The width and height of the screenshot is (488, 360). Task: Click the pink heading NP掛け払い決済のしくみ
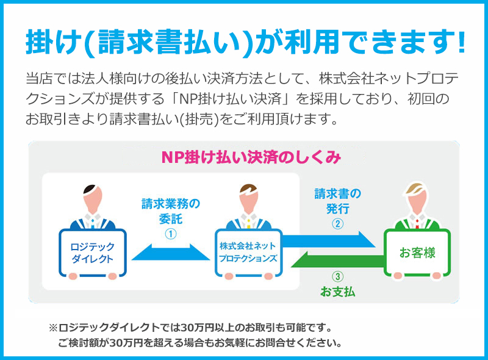[x=251, y=157]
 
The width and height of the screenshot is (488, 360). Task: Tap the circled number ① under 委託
[x=171, y=234]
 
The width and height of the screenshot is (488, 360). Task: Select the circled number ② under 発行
[x=338, y=223]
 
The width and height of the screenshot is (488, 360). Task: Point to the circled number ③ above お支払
[x=338, y=276]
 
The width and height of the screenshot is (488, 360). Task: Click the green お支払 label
[x=338, y=292]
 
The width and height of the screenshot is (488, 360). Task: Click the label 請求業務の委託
[x=171, y=211]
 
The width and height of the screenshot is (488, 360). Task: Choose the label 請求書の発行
[x=338, y=201]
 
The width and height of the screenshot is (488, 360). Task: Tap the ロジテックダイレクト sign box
[x=93, y=253]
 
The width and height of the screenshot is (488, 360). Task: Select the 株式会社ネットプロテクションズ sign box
[x=248, y=253]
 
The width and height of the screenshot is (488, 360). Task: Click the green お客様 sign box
[x=417, y=253]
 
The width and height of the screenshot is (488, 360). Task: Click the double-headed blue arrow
[x=171, y=252]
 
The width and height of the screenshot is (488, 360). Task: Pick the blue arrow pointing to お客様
[x=329, y=239]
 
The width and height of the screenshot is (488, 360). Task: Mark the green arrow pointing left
[x=337, y=259]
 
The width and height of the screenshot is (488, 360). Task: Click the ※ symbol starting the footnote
[x=53, y=328]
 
